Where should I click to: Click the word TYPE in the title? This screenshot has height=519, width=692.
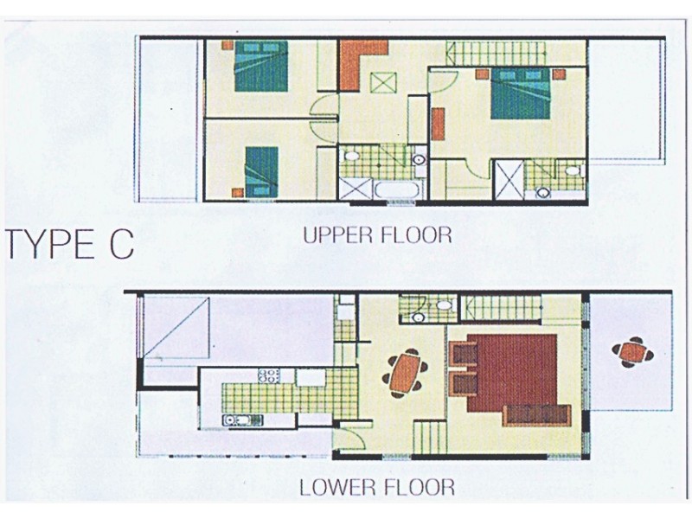[50, 244]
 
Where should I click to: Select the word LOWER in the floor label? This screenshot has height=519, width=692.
[339, 487]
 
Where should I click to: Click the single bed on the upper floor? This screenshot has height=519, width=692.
[262, 172]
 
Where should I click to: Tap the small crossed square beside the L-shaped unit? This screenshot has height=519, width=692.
[383, 82]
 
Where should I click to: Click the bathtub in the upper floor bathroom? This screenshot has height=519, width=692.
[397, 190]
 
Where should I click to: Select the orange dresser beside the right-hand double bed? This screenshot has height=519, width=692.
[438, 124]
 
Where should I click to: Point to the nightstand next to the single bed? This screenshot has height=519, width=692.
[237, 192]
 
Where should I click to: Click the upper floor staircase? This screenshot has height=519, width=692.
[496, 54]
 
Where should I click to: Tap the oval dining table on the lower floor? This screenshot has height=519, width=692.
[406, 373]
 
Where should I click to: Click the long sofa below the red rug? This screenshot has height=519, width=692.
[536, 415]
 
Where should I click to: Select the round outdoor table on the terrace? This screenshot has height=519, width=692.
[633, 352]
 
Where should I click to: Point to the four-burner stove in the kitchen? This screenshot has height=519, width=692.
[269, 375]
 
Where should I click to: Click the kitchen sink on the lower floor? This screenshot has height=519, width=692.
[243, 420]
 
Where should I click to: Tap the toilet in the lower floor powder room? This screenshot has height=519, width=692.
[443, 304]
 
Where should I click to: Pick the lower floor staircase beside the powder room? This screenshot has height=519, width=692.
[501, 308]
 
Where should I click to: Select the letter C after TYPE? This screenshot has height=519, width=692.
[121, 244]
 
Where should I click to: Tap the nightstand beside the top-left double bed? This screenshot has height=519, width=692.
[227, 45]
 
